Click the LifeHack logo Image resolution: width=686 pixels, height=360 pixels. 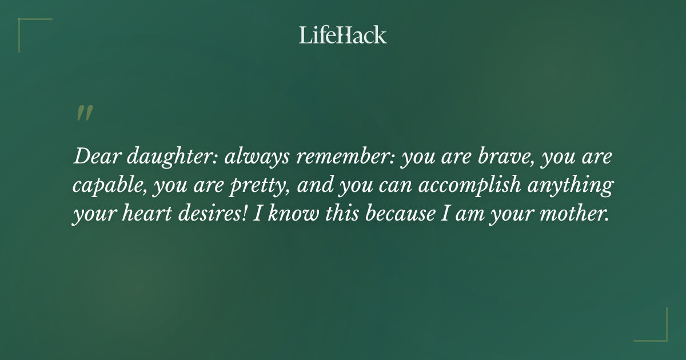pos(343,35)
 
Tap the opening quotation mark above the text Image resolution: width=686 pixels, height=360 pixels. pos(84,113)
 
